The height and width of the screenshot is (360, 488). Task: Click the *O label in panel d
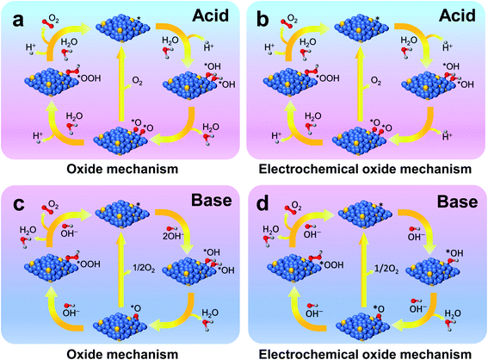[380, 307]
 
